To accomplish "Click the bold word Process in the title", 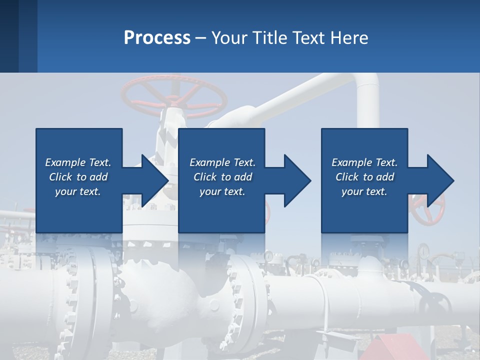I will click(157, 37).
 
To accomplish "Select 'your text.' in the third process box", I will click(364, 191).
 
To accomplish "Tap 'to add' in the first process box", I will click(92, 177).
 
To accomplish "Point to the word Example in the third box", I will click(349, 162).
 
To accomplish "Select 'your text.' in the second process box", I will click(222, 191).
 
